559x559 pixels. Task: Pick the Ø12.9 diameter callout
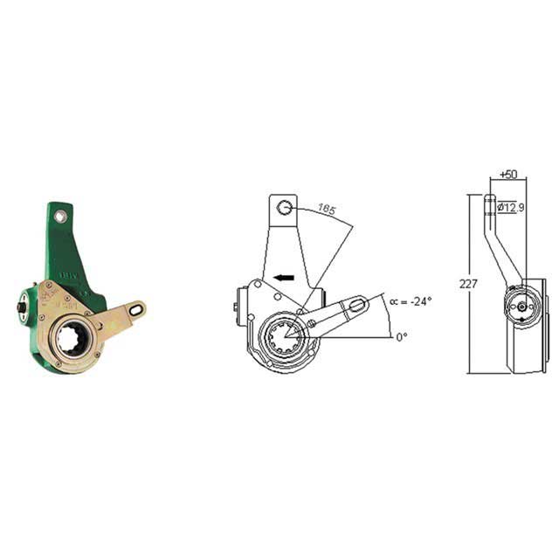[511, 208]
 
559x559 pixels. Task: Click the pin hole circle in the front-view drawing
[285, 207]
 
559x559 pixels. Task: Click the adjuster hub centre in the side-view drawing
[522, 307]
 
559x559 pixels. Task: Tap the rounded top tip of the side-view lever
[490, 198]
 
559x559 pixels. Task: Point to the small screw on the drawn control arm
[311, 324]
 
